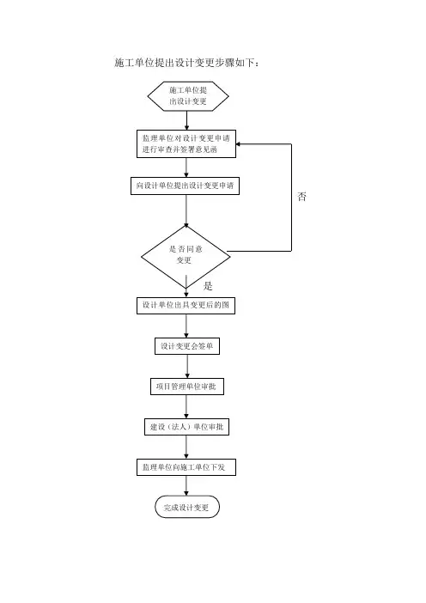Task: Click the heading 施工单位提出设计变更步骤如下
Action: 187,63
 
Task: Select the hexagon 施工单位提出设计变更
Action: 188,96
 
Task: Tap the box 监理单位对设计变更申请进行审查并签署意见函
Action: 186,143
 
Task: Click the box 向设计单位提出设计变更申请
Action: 185,186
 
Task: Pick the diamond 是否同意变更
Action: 186,257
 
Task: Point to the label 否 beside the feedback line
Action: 301,197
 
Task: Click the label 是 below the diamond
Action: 208,286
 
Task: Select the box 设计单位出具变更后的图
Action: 186,305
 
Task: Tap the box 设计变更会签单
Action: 187,346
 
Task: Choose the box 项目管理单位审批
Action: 187,387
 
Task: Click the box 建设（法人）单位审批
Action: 187,427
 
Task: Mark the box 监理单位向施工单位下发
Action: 186,467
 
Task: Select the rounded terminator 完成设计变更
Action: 187,507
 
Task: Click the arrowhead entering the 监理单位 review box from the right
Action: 238,144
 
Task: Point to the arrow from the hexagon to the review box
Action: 187,121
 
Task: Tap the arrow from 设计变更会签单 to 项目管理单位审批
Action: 187,367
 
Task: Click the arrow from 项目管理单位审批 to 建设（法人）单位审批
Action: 186,407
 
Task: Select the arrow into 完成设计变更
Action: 186,485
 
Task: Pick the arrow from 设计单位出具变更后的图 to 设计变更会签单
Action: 186,326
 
